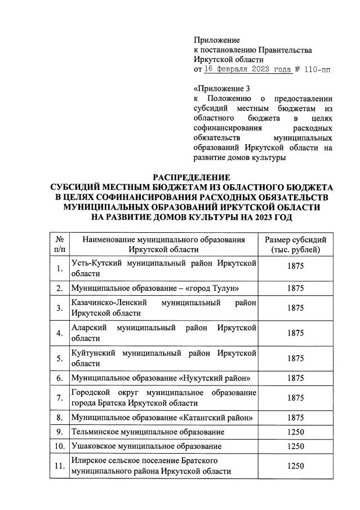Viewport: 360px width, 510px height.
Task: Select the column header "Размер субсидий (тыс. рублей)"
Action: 295,244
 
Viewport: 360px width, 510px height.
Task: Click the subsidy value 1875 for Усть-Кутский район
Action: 295,268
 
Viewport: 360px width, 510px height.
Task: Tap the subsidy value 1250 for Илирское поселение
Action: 295,467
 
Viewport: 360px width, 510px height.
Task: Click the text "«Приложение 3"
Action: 221,88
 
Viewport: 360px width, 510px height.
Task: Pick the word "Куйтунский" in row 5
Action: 94,353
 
